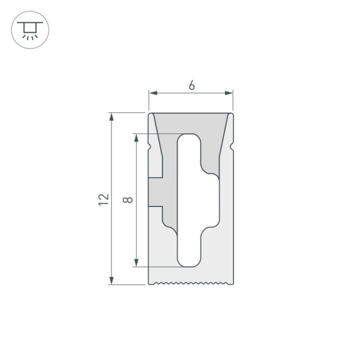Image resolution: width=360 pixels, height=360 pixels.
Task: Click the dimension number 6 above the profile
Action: pyautogui.click(x=191, y=85)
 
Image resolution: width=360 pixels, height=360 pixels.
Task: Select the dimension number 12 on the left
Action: pyautogui.click(x=104, y=200)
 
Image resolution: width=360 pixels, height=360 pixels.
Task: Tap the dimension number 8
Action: pyautogui.click(x=128, y=200)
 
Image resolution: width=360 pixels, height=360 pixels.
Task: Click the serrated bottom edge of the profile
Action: pyautogui.click(x=191, y=283)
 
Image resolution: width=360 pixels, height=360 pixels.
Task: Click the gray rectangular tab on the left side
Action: pyautogui.click(x=156, y=192)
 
